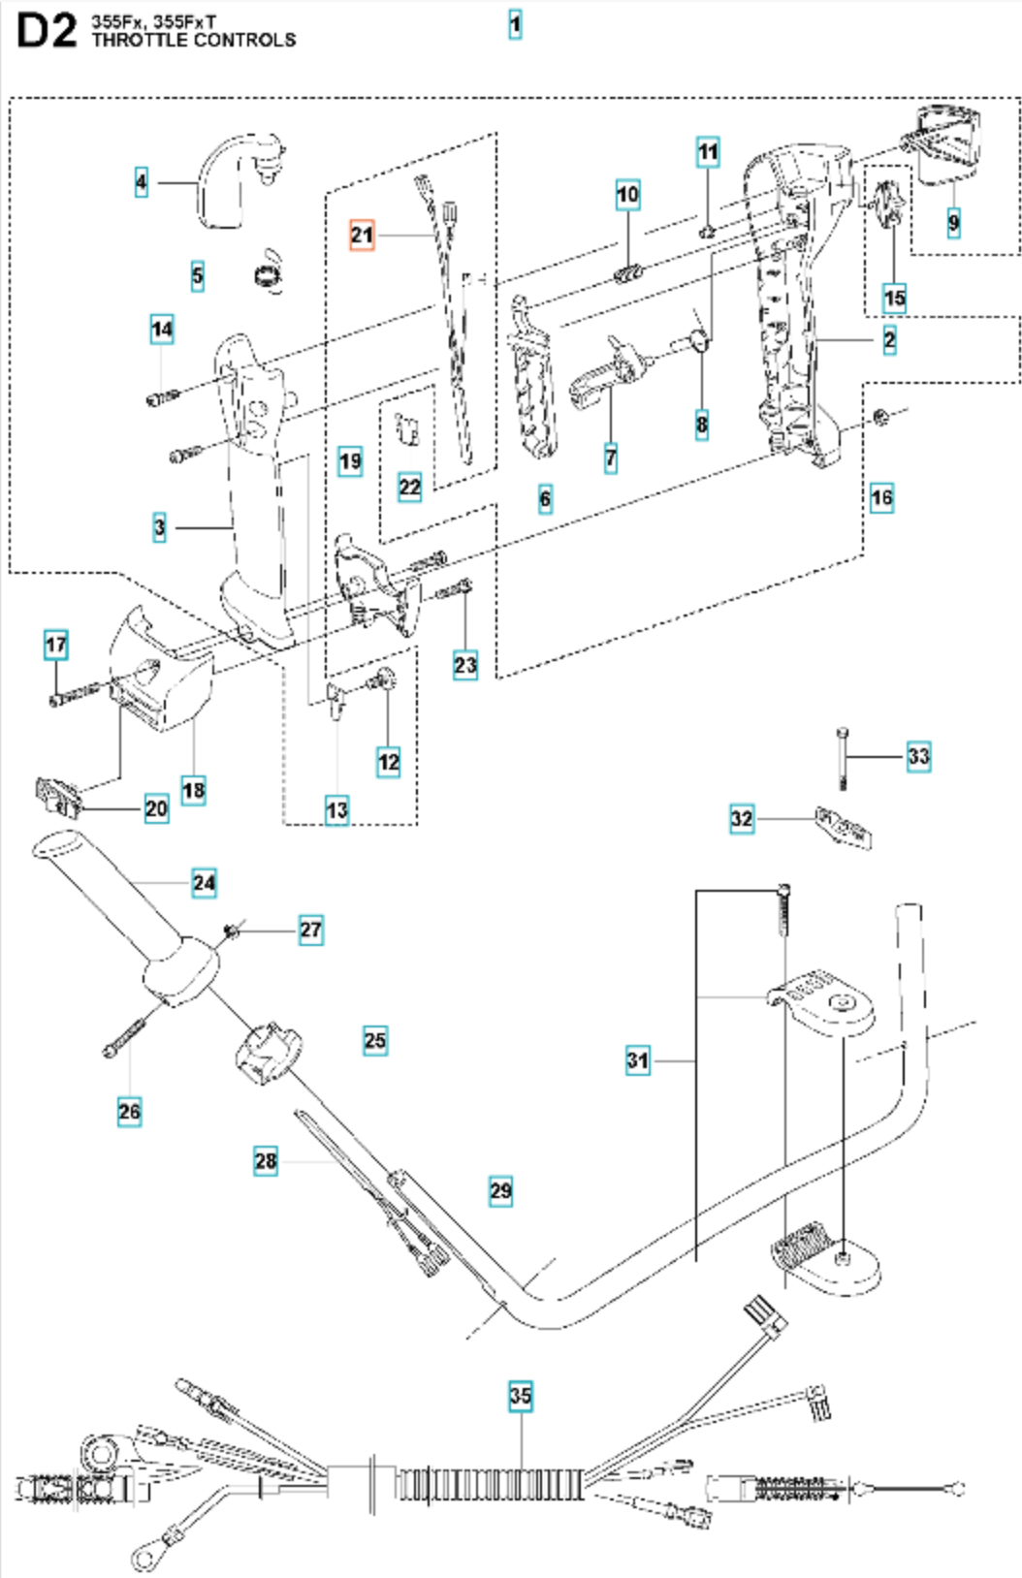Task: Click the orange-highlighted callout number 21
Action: pos(363,235)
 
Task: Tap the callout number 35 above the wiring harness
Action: pos(520,1396)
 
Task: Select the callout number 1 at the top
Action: pos(515,25)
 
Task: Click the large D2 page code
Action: pos(47,31)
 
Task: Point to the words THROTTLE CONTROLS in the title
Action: pos(194,40)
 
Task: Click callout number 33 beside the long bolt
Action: pos(918,756)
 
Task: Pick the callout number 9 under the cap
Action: pos(953,223)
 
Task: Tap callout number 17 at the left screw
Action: pos(56,644)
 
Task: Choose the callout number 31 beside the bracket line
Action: pos(638,1060)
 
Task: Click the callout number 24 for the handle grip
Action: pos(205,883)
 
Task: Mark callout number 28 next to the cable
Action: pos(266,1160)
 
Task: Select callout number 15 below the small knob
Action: pos(894,298)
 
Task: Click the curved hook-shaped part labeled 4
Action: pos(240,179)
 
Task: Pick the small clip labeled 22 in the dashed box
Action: pos(407,428)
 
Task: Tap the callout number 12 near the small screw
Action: pos(389,762)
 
